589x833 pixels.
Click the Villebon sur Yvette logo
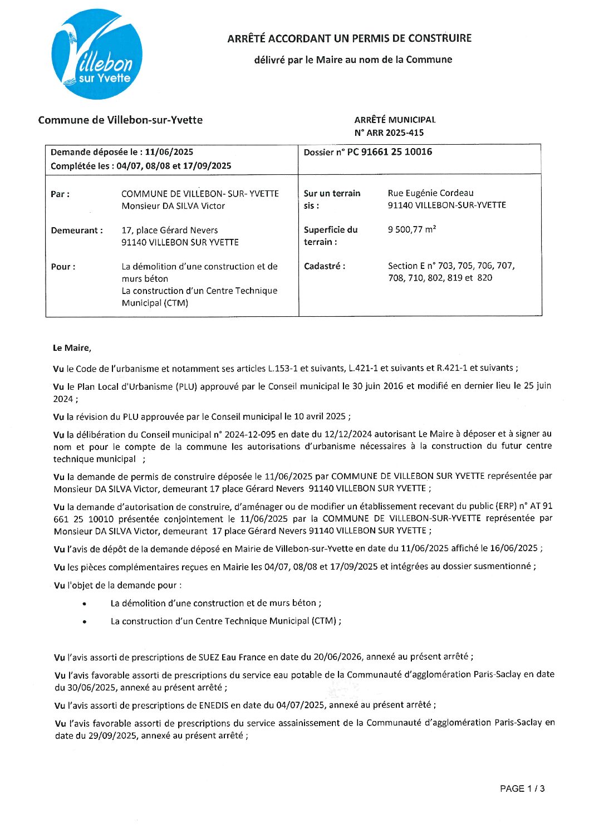click(97, 54)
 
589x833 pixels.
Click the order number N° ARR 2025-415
click(389, 133)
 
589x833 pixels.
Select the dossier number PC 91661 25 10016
click(390, 151)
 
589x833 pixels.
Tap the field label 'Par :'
click(60, 194)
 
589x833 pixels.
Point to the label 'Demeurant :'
click(77, 231)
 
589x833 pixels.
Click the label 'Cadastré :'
click(324, 266)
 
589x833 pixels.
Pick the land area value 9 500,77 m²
click(412, 229)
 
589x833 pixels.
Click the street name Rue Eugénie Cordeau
click(430, 193)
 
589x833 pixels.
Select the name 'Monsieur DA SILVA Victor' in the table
click(173, 206)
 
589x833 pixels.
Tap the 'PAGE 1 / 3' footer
click(522, 788)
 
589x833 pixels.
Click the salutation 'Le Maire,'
click(72, 348)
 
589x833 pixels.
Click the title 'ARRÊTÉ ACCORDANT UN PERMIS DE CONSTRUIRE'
click(349, 38)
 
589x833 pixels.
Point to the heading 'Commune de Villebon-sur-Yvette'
click(120, 120)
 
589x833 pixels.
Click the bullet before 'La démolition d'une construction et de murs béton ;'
click(84, 604)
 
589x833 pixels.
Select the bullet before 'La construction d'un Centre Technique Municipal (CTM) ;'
click(84, 621)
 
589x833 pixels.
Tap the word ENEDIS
click(213, 705)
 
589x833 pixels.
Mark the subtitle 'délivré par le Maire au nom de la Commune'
click(353, 60)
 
